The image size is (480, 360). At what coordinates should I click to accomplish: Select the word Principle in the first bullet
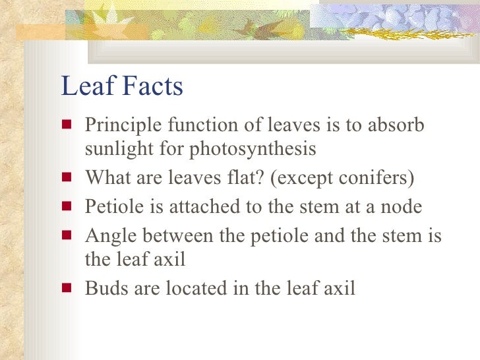(x=119, y=125)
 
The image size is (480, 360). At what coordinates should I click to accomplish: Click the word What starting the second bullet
(x=107, y=178)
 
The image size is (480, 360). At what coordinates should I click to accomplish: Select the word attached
(x=192, y=206)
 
